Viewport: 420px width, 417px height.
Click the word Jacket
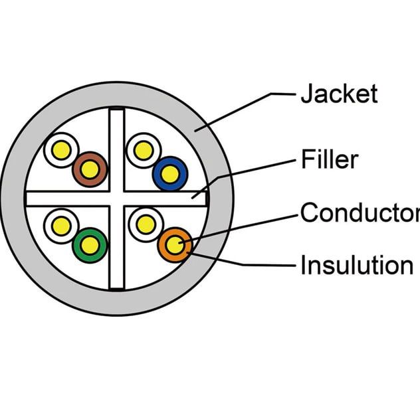[339, 94]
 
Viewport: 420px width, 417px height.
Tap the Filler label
[330, 160]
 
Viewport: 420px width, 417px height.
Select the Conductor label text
[360, 213]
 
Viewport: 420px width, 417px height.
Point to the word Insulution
[356, 265]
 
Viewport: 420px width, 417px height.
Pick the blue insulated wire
[169, 173]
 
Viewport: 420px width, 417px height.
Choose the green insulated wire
[90, 245]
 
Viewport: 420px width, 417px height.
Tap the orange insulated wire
[175, 246]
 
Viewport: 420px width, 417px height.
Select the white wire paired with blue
[142, 150]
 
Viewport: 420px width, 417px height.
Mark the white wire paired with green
[61, 226]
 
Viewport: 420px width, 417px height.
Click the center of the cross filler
[117, 198]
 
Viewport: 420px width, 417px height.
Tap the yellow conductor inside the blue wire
[169, 174]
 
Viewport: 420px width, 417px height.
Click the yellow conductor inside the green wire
[90, 245]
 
